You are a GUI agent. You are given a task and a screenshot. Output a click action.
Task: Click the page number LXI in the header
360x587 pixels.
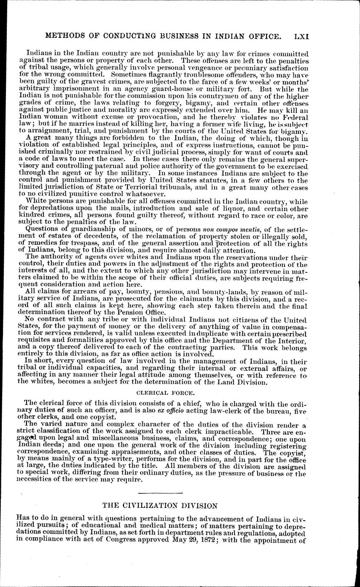point(300,37)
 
